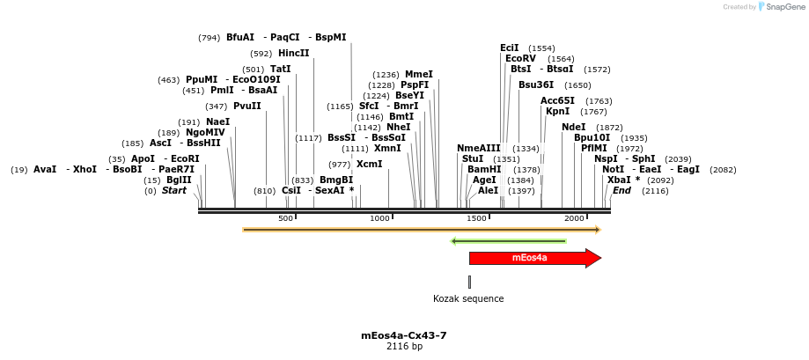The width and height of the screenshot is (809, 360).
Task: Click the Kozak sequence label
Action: [x=468, y=298]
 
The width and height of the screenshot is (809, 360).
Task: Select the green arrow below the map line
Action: [x=508, y=241]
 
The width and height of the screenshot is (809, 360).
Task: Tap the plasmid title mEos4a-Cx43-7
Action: [x=404, y=335]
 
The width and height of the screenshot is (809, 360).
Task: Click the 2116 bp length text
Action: [x=404, y=347]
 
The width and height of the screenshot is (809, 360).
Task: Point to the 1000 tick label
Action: [x=379, y=218]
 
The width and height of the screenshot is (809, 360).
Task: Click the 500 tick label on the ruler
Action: [x=285, y=218]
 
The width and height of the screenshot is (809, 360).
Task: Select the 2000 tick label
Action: [x=574, y=218]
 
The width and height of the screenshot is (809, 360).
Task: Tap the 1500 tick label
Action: [x=476, y=218]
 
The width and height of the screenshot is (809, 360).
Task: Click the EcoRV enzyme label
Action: [x=520, y=59]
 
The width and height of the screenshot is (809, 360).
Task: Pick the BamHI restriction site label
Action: [x=484, y=169]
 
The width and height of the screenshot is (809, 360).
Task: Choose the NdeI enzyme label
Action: [x=573, y=127]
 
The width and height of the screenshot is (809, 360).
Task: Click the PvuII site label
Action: [x=247, y=106]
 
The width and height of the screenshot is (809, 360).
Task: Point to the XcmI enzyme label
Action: [x=369, y=164]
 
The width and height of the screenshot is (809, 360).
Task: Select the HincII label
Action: [x=294, y=53]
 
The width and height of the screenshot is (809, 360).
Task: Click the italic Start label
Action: [x=174, y=190]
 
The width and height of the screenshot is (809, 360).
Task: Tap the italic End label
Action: [x=621, y=190]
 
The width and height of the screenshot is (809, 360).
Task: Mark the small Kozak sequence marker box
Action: [x=469, y=282]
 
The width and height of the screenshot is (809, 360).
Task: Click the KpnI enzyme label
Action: [x=557, y=111]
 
